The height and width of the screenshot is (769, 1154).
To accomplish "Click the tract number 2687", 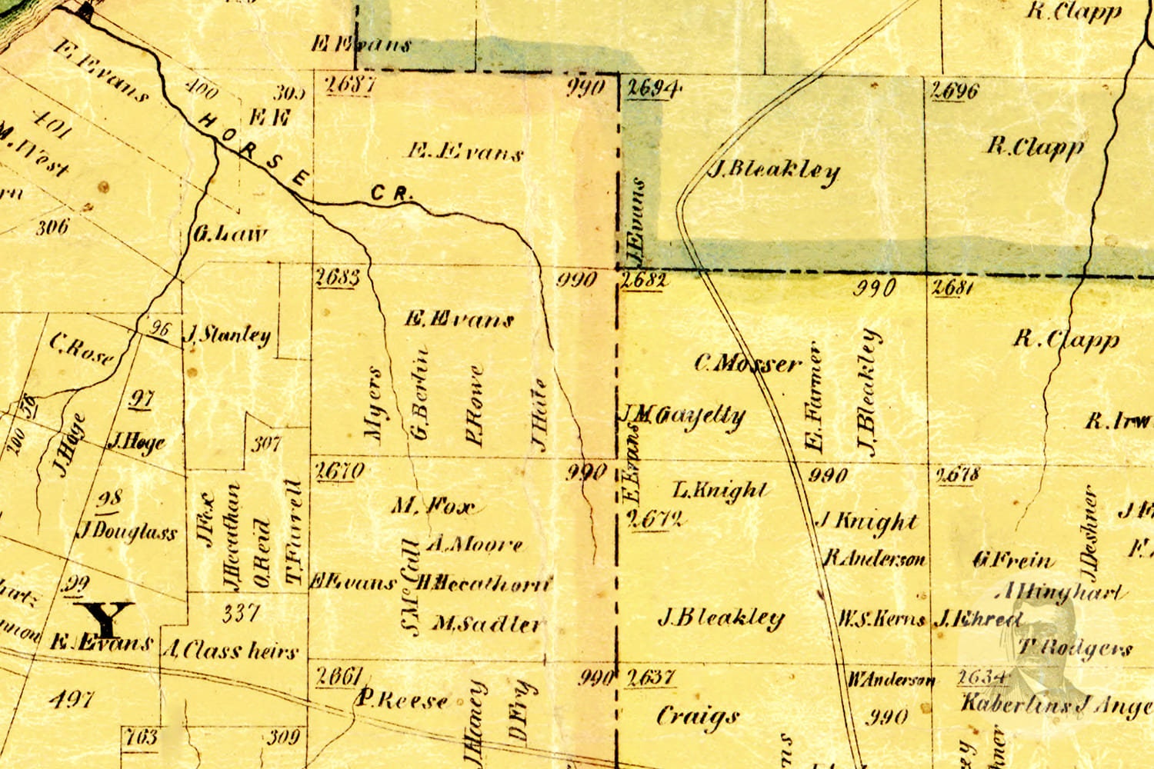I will [x=349, y=84].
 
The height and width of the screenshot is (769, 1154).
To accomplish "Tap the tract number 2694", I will [x=653, y=89].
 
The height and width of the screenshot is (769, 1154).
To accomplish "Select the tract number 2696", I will [x=955, y=91].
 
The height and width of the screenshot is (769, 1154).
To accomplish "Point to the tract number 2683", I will [x=337, y=277].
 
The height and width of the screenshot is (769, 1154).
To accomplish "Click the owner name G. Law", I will [x=230, y=234].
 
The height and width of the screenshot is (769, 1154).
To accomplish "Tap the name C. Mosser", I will [x=748, y=364].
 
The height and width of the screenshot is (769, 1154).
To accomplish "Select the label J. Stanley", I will [x=228, y=335].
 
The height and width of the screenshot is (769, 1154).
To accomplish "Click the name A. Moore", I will [x=474, y=545].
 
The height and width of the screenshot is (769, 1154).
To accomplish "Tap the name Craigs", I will [x=697, y=717].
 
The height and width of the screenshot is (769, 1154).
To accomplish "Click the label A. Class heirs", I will [x=230, y=651].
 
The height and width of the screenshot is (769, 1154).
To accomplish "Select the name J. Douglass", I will [x=128, y=532].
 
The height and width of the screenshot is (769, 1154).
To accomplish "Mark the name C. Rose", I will [x=82, y=349].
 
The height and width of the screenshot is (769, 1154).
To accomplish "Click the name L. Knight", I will [x=720, y=490].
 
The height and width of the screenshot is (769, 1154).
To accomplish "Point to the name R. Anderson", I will [x=875, y=559].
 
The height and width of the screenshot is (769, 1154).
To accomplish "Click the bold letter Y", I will [x=108, y=618].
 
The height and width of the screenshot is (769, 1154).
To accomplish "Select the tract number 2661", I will [x=339, y=676].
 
